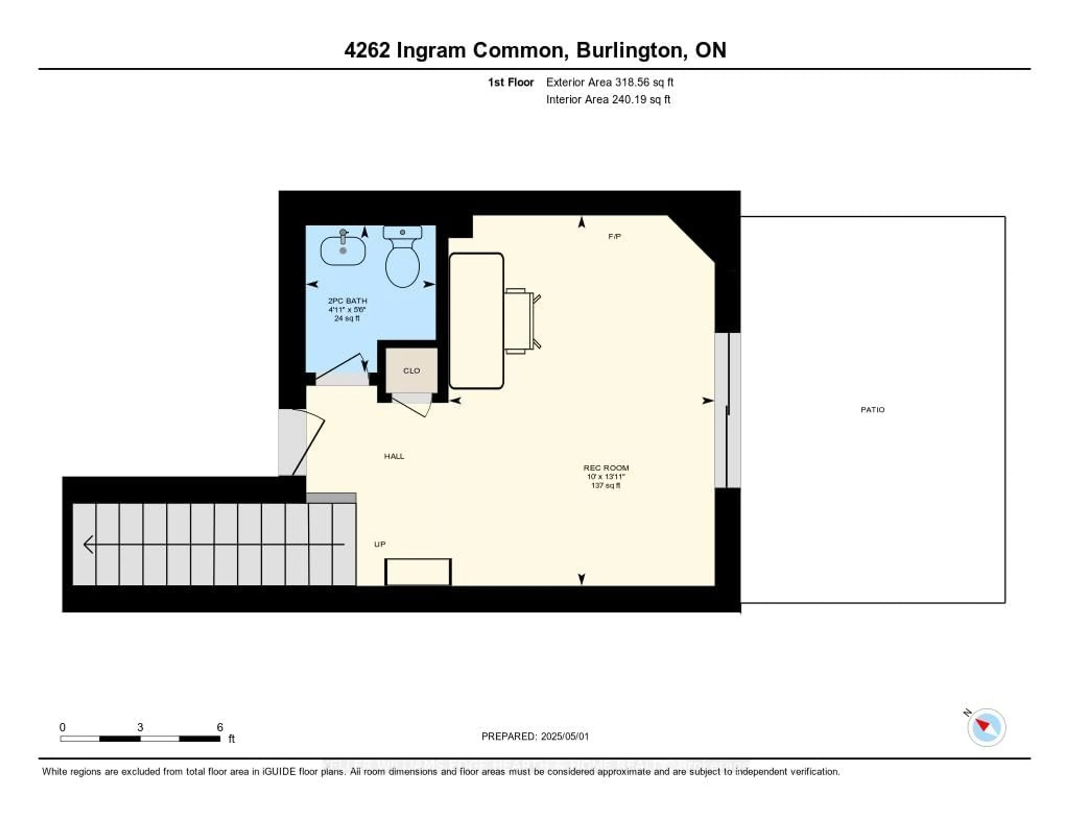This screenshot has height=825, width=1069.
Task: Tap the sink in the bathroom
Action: [343, 250]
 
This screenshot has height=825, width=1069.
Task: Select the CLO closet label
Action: [411, 371]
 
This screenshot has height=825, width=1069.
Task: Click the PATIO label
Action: [872, 410]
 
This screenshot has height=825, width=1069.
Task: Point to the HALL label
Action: [394, 456]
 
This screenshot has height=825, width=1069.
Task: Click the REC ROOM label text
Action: [605, 468]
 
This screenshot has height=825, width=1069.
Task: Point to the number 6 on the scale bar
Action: [220, 727]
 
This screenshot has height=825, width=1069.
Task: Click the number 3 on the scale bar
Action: [140, 727]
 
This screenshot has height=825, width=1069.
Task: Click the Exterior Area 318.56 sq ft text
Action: [609, 82]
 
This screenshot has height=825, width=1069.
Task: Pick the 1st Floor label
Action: [511, 82]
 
